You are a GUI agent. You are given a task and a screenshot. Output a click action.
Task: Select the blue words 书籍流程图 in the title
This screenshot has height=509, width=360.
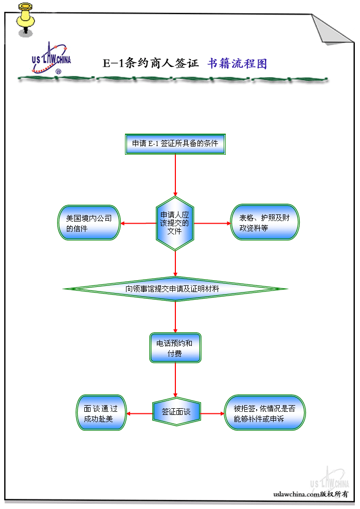pos(237,63)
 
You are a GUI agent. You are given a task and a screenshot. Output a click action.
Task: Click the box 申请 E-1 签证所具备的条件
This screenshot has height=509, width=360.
pos(175,144)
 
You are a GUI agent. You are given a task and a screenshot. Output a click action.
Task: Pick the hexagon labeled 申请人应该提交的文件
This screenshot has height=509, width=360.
pos(175,223)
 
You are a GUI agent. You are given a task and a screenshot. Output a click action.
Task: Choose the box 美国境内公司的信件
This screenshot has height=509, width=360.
pos(89,223)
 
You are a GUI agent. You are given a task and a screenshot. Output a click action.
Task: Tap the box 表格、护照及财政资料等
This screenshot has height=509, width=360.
pos(264,223)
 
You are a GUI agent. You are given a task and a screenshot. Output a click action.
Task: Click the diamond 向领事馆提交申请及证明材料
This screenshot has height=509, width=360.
pos(175,289)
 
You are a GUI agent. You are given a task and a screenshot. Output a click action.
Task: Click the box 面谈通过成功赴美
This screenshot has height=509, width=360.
pos(101,413)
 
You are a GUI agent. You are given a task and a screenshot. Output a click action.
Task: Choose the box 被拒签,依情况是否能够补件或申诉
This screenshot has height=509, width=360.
pos(265,413)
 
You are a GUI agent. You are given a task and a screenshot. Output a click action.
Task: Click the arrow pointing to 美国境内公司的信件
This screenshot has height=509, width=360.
pos(138,223)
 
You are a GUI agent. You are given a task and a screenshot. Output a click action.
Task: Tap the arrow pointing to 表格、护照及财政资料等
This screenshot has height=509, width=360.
pos(213,223)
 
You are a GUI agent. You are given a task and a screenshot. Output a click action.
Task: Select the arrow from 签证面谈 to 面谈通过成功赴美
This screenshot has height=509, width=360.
pos(139,413)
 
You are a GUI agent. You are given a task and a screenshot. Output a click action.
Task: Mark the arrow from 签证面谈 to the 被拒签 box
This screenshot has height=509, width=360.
pos(213,413)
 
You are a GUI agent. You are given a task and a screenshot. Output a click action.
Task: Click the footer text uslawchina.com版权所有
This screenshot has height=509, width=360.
pos(311,494)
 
